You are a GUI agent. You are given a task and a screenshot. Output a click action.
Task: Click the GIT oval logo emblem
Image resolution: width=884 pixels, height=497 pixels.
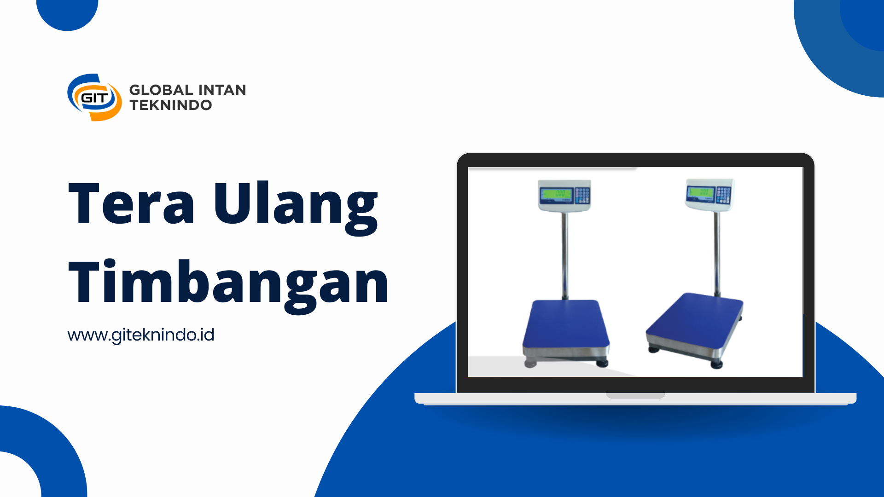(x=94, y=98)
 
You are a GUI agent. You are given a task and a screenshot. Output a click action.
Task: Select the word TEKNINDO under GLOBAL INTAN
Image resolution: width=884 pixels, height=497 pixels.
(x=171, y=105)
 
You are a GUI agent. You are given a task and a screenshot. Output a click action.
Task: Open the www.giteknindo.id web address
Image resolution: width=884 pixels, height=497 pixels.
(x=141, y=335)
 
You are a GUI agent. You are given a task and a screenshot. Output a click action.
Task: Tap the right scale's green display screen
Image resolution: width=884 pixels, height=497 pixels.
(x=700, y=192)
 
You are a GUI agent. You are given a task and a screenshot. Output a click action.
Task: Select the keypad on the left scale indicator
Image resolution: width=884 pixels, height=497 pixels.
(x=582, y=195)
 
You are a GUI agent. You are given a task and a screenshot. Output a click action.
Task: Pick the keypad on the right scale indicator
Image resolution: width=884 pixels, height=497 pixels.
(x=723, y=195)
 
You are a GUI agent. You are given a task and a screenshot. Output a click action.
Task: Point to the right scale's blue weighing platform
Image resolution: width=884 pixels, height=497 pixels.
(x=695, y=321)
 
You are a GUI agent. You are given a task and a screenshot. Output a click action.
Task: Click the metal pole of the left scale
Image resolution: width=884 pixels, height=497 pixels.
(x=565, y=256)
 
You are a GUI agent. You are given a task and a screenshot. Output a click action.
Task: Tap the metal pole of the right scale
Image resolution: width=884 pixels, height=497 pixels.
(x=717, y=253)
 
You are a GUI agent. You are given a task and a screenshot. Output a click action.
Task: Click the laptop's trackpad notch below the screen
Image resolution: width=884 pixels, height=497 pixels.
(x=635, y=395)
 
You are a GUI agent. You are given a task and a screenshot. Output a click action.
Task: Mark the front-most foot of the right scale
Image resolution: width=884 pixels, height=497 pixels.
(x=716, y=365)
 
